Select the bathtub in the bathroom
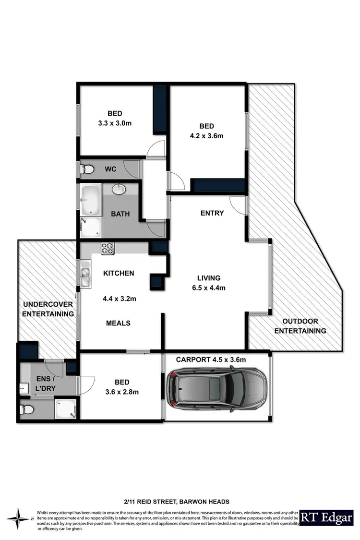(x=90, y=200)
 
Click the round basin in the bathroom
(x=119, y=190)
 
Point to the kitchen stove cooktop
(x=108, y=248)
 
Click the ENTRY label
(x=212, y=213)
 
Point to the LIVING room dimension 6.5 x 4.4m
(x=209, y=288)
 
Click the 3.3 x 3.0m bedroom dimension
(x=114, y=123)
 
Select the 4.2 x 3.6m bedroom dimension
(x=206, y=135)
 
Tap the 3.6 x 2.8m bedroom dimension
(x=121, y=392)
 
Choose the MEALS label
(x=118, y=323)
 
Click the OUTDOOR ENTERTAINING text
(x=304, y=326)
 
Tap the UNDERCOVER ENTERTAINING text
(x=48, y=309)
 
